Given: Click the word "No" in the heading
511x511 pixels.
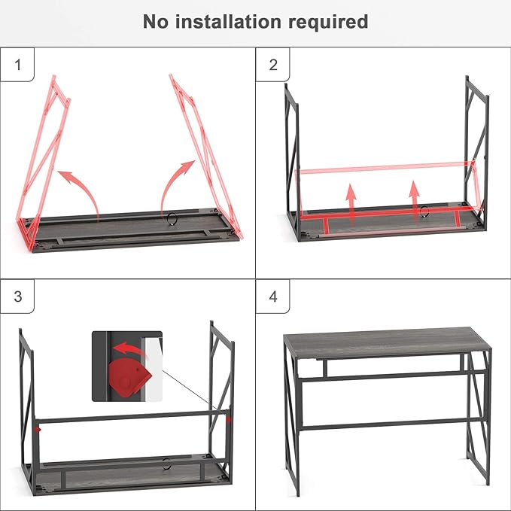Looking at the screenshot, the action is [156, 22].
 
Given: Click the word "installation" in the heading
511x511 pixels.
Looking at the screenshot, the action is [228, 22].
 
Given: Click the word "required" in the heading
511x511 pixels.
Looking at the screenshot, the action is [328, 23].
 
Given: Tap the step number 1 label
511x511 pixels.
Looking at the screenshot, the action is [17, 65].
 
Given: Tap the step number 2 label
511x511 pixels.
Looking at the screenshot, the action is [273, 65].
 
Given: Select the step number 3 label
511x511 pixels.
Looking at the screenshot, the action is [18, 297].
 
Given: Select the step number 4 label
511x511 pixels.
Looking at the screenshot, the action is [273, 297].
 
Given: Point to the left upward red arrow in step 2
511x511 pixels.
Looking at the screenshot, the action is [351, 204].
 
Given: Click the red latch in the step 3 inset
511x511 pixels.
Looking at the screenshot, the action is [129, 377].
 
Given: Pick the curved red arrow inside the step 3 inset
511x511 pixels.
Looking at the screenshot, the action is [130, 348].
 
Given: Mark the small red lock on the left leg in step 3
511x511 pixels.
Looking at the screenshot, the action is [38, 430].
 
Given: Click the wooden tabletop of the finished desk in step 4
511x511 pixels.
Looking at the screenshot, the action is [387, 342].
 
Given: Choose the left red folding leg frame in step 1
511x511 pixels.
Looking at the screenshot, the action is [43, 163].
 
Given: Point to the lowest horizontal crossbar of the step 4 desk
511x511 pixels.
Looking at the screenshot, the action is [394, 424].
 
